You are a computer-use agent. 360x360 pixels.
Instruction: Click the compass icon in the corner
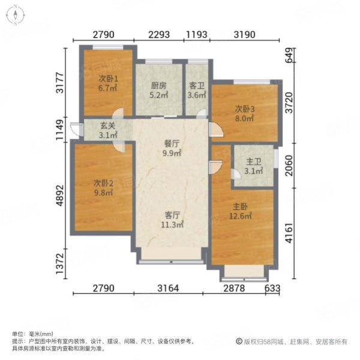tap(16, 15)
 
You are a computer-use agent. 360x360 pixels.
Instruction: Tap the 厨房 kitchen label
tap(158, 86)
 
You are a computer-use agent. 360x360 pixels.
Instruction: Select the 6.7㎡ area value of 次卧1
tap(108, 88)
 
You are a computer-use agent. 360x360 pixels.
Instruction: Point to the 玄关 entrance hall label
tap(107, 126)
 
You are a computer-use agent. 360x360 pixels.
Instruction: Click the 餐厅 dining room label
tap(172, 144)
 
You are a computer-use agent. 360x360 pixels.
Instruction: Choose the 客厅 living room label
tap(172, 215)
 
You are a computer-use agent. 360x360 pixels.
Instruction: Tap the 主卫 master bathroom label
tap(254, 162)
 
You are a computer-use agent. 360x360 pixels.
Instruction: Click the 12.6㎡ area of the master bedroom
tap(241, 216)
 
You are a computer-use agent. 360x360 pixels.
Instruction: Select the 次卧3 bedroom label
tap(245, 109)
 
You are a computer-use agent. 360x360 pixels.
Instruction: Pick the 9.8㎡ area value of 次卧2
tap(103, 193)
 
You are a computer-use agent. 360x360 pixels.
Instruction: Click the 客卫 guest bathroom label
tap(197, 86)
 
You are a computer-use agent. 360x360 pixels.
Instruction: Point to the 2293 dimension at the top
tap(159, 35)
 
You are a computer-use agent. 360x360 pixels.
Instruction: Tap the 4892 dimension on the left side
tap(60, 196)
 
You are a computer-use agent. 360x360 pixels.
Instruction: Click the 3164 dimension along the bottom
tap(168, 288)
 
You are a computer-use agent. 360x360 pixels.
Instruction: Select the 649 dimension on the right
tap(289, 55)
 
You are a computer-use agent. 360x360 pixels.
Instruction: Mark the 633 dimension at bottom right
tap(272, 288)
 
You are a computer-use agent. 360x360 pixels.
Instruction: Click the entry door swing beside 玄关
tap(76, 130)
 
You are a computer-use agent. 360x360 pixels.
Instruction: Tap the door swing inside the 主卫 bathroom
tap(236, 174)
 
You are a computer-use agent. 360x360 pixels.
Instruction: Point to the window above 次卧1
tap(107, 47)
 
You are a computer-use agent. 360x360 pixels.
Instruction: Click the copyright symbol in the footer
tap(239, 341)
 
